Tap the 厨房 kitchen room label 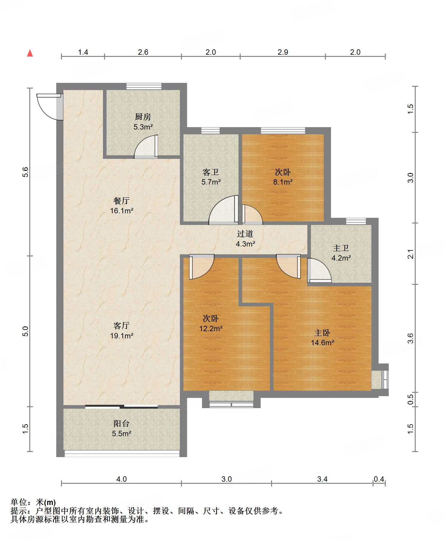pos(143,117)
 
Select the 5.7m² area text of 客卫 pos(211,182)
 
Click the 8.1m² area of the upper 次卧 pos(283,182)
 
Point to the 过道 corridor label pos(245,234)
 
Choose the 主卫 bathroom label pos(341,248)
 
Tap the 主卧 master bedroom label pos(322,333)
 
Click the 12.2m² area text pos(211,328)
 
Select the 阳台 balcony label pos(121,424)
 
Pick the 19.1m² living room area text pos(121,336)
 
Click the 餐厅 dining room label pos(121,201)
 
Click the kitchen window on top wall pos(144,86)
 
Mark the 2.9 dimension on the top pos(283,52)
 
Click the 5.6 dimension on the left pos(25,172)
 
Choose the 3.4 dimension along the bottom pos(322,479)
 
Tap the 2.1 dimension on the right pos(411,254)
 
